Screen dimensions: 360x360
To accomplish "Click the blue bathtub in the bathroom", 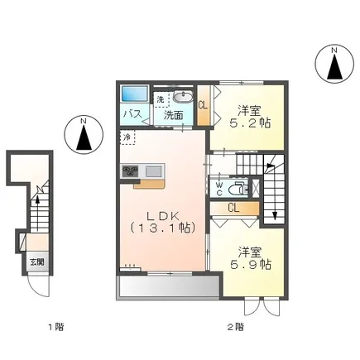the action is [134, 94].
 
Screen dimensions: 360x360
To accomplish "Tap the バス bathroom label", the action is [132, 113].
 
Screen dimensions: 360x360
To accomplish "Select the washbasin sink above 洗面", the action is [183, 97].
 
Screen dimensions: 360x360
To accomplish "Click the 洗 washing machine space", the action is [161, 99].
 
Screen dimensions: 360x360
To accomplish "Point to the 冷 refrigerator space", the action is [127, 137].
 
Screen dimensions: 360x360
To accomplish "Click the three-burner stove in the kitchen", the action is [130, 171].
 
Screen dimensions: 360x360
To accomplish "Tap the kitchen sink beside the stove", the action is [153, 171].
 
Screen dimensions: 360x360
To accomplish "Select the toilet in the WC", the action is [238, 189].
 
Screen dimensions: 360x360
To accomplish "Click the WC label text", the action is [219, 189].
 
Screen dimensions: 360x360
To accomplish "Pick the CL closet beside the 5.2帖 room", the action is [204, 105].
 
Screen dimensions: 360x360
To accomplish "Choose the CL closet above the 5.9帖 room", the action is [234, 209].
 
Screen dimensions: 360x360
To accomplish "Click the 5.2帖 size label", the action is [250, 123].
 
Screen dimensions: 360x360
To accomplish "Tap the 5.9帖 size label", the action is [251, 265].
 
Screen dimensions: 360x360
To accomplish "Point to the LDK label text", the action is [163, 216].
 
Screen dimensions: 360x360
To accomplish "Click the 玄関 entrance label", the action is [37, 262].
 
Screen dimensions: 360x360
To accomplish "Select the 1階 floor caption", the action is [56, 328].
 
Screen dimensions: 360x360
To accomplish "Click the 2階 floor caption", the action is [235, 328].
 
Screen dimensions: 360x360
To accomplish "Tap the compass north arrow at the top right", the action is [334, 66].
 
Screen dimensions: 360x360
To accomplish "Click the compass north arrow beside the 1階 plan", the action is [84, 137].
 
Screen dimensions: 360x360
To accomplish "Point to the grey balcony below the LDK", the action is [169, 287].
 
